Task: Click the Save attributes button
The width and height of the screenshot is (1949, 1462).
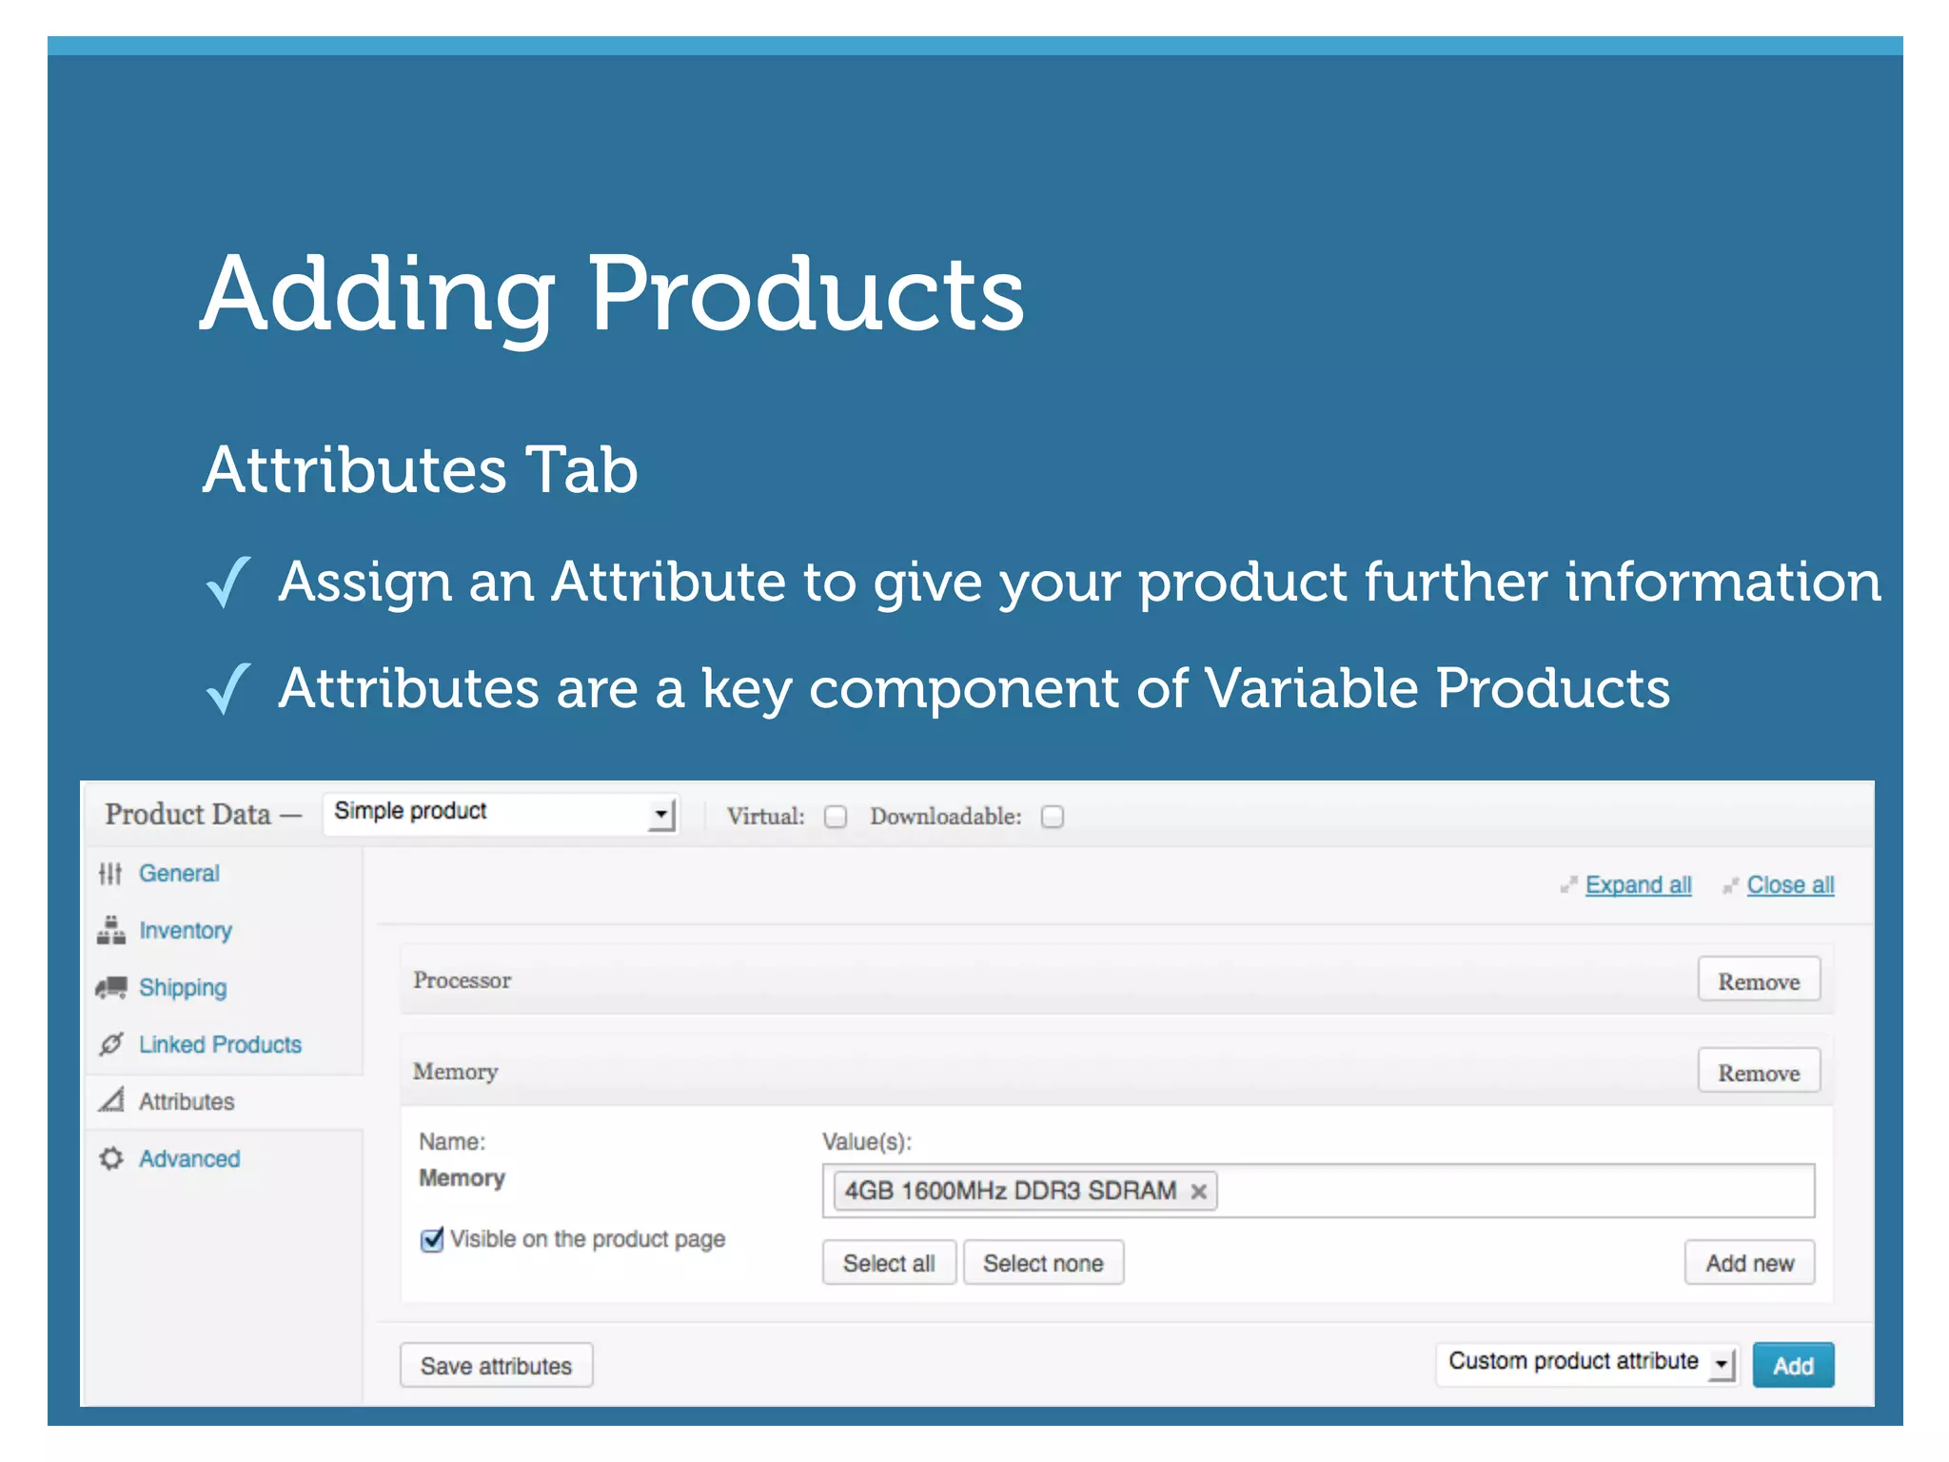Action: point(496,1366)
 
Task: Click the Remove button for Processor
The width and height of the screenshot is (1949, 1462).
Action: point(1758,981)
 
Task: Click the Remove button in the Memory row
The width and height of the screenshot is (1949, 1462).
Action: point(1758,1073)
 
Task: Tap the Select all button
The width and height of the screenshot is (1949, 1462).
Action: point(888,1263)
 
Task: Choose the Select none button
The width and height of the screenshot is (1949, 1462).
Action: point(1043,1263)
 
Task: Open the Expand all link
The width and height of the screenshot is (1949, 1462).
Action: point(1638,885)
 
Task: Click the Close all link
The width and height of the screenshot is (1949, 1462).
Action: point(1790,885)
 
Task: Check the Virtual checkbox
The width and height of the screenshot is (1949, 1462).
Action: point(836,817)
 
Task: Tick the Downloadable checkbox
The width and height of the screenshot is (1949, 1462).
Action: point(1052,817)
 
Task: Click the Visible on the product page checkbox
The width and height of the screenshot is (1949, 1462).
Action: point(432,1239)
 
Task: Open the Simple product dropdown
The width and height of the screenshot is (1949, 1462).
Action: point(501,813)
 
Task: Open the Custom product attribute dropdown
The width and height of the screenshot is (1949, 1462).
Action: point(1586,1363)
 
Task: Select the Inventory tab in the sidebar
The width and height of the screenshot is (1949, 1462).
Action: point(186,931)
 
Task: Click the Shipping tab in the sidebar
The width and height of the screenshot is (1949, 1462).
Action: point(183,988)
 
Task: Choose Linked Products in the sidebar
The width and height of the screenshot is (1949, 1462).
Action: point(220,1045)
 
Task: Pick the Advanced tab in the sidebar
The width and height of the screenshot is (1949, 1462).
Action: point(189,1159)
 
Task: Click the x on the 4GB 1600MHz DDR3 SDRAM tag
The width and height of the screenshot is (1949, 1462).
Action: point(1199,1191)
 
